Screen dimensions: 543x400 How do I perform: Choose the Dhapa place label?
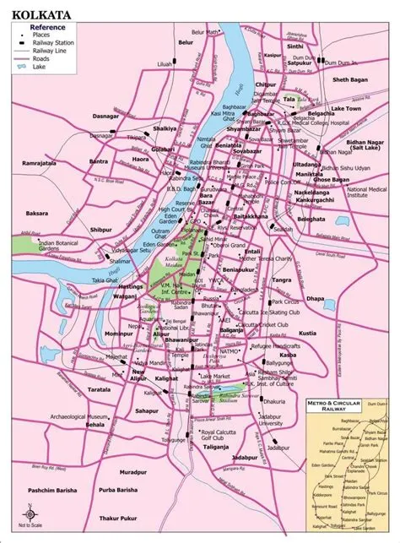[x=339, y=297]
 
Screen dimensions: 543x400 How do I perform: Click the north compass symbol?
[x=29, y=512]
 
